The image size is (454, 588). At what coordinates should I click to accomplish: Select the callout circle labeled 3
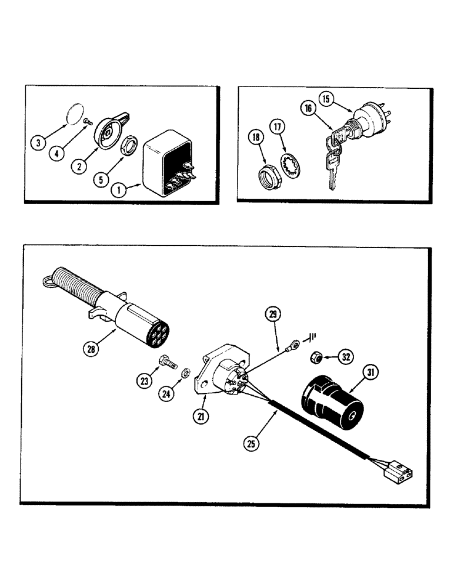coord(38,142)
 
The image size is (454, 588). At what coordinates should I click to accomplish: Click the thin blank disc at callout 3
coord(72,113)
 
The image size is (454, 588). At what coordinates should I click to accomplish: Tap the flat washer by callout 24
coord(185,372)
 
